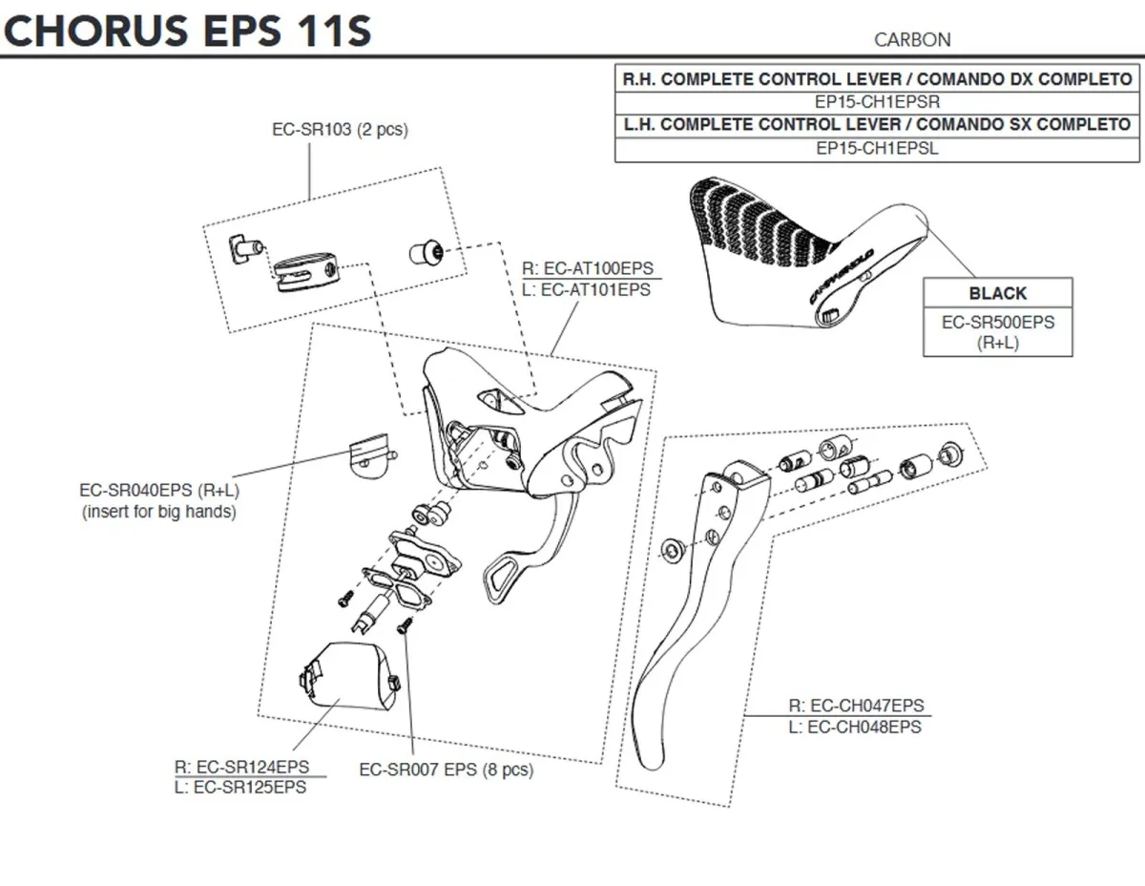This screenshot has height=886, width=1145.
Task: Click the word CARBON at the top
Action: pos(911,39)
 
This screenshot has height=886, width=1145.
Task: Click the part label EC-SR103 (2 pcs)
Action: pos(340,129)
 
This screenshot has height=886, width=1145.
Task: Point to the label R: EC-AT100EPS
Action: pos(587,269)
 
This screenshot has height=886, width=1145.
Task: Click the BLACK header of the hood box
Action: pos(997,293)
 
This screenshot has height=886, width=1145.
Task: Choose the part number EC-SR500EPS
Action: pos(997,323)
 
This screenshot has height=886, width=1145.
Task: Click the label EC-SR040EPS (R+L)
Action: pos(158,492)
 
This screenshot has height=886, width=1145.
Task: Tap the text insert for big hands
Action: pos(158,513)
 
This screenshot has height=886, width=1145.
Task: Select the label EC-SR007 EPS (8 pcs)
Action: pos(446,769)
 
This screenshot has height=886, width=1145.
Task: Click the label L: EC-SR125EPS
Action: pos(240,788)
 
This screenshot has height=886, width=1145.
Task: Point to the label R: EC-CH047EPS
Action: pos(856,707)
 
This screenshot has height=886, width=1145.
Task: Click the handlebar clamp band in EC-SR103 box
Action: pos(302,269)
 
